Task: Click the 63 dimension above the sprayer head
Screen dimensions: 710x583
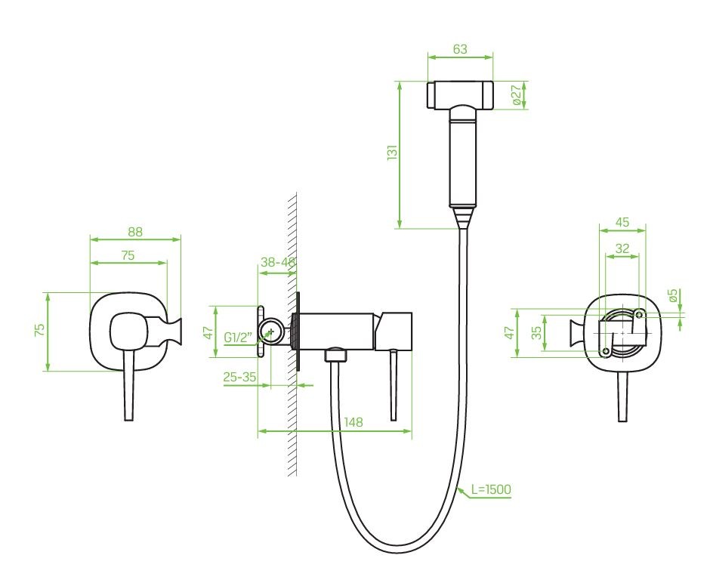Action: (x=459, y=49)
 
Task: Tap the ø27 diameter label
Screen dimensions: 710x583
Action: (x=517, y=95)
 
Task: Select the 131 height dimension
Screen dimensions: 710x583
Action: (x=392, y=152)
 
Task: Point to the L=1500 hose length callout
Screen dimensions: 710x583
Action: (x=491, y=489)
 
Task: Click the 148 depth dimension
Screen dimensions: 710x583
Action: (x=353, y=422)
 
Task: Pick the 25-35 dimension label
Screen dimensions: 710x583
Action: (x=239, y=377)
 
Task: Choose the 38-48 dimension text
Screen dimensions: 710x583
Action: (x=278, y=262)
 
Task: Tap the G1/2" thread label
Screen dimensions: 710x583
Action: (x=238, y=338)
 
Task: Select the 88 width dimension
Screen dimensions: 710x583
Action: (x=135, y=232)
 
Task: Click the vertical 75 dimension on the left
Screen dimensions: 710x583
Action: (x=40, y=329)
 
